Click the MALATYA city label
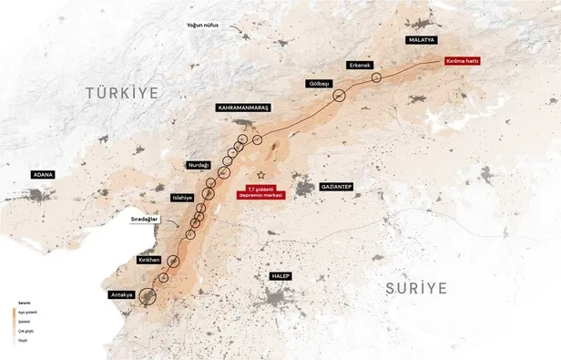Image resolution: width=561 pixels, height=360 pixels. pyautogui.click(x=422, y=41)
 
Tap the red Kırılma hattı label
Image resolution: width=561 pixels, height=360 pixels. pyautogui.click(x=461, y=61)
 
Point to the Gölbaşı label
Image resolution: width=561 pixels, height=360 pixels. pyautogui.click(x=319, y=83)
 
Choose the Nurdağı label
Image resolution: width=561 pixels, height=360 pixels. pyautogui.click(x=198, y=165)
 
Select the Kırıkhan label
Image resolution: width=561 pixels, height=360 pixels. pyautogui.click(x=148, y=260)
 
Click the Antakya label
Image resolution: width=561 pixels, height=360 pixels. pyautogui.click(x=121, y=294)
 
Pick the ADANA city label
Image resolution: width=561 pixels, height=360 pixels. pyautogui.click(x=42, y=173)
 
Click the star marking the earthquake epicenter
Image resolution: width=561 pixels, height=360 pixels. pyautogui.click(x=260, y=174)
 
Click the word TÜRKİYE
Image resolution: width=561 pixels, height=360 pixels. pyautogui.click(x=122, y=93)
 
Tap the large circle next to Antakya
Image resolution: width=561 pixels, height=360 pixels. pyautogui.click(x=148, y=293)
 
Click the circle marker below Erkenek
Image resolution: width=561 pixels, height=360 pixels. pyautogui.click(x=375, y=78)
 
